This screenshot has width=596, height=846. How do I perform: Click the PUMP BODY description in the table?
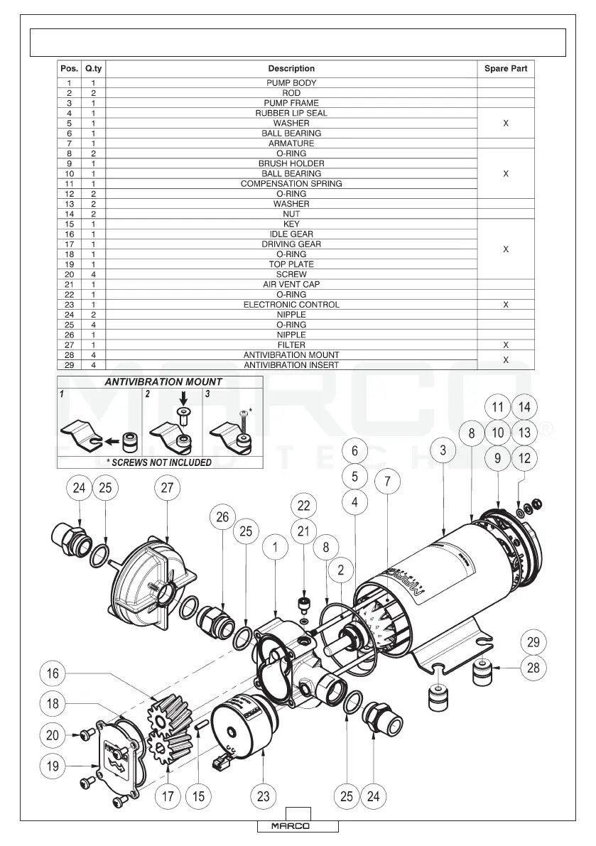[x=291, y=83]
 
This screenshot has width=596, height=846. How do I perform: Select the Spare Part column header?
[x=505, y=69]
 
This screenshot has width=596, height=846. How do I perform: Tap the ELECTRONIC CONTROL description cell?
[x=291, y=305]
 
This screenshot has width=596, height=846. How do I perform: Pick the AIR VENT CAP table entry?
[x=291, y=284]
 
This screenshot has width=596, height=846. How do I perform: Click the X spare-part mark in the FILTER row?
[x=505, y=345]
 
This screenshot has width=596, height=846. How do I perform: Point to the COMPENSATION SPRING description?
[x=291, y=183]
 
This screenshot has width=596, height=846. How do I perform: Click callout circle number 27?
[x=167, y=488]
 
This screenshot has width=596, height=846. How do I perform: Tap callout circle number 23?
[x=264, y=796]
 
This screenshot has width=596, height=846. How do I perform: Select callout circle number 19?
[x=53, y=766]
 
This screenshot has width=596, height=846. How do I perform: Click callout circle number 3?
[x=443, y=450]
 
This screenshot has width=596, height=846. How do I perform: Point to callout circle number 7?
[x=387, y=481]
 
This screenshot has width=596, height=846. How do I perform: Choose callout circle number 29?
[x=533, y=642]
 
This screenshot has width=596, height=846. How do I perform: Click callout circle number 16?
[x=53, y=673]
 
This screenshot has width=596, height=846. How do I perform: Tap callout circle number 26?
[x=223, y=517]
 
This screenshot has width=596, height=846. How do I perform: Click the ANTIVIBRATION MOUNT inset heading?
[x=163, y=381]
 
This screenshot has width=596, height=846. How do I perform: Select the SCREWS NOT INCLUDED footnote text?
[x=159, y=462]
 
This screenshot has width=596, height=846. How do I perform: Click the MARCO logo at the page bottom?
[x=296, y=827]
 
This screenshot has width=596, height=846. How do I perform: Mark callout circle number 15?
[x=198, y=796]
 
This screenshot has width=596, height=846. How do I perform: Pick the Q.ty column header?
[x=93, y=69]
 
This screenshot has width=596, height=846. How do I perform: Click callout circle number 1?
[x=275, y=548]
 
